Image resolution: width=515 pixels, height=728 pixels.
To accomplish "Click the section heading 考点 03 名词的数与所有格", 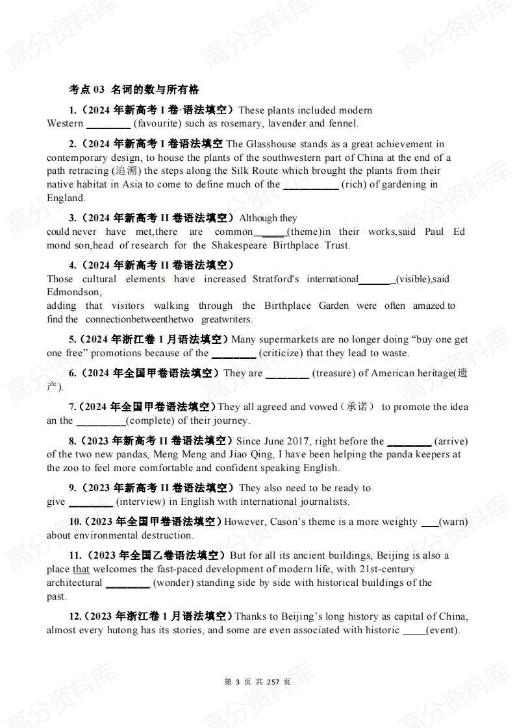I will coord(134,90).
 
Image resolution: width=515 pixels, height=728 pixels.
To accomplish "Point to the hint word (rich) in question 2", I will coord(355,185).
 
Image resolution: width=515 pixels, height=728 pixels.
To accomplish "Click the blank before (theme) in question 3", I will coord(270,232).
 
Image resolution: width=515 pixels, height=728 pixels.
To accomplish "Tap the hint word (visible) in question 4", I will coord(413,280).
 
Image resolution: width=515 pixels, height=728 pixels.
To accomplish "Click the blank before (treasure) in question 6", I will coord(287,374).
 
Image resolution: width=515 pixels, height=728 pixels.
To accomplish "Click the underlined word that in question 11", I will coord(81,570).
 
